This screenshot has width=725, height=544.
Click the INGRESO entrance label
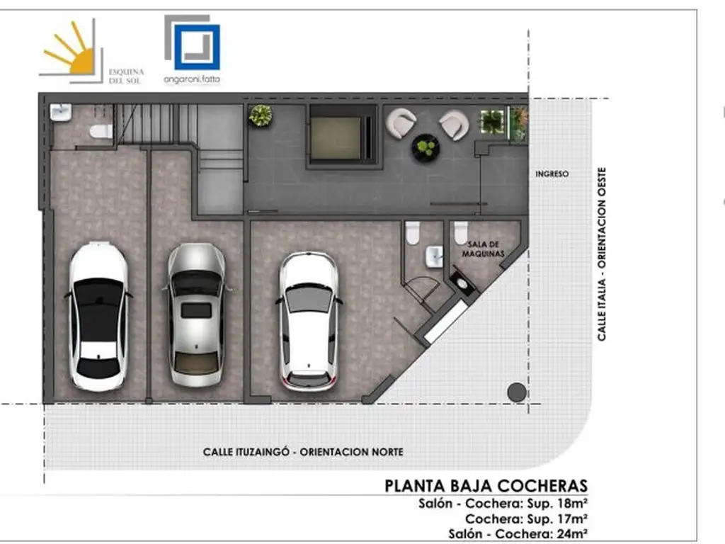pos(552,174)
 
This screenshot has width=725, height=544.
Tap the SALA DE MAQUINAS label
pos(483,249)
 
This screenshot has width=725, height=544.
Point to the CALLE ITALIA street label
pos(601,310)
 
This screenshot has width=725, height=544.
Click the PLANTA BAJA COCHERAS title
pos(486,486)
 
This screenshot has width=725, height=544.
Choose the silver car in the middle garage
pos(197,314)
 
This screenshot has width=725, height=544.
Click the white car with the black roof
pos(98,315)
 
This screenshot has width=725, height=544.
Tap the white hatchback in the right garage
pos(309,321)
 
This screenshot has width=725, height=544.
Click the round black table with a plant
pos(426,147)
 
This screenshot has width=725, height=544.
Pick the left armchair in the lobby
pos(401,123)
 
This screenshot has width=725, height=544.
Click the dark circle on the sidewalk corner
pos(516,392)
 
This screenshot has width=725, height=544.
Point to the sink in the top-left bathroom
pos(61,113)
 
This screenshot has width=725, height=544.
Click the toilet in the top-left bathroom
pos(101,131)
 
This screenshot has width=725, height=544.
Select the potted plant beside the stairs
pos(261,115)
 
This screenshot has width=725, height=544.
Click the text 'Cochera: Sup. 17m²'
pos(526,518)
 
